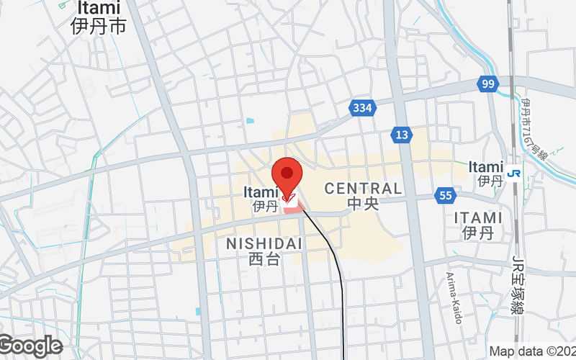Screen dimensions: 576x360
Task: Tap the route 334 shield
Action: pos(363,108)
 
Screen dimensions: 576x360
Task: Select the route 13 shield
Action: pos(402,134)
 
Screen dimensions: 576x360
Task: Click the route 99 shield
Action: pos(488,85)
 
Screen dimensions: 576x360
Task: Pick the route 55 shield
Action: pos(444,195)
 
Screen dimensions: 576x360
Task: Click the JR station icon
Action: pos(514,173)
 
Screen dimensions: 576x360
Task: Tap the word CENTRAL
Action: pos(363,189)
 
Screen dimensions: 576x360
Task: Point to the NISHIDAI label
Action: pos(264,244)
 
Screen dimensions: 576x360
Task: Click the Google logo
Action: pos(31,346)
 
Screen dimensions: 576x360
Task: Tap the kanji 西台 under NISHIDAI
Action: pos(264,260)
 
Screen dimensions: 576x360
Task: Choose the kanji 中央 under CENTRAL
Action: pos(363,204)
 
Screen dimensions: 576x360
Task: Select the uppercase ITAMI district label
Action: pos(478,217)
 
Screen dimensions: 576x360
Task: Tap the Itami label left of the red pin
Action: pos(260,192)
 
